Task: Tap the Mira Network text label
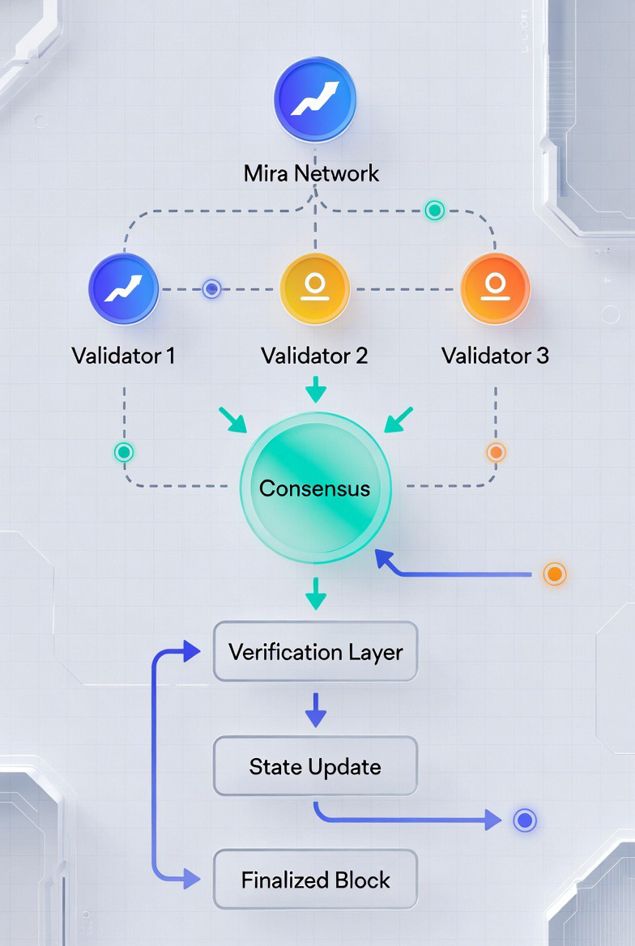point(312,173)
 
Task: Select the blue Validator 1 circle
point(123,289)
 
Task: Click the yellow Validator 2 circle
point(314,289)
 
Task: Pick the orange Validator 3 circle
point(495,289)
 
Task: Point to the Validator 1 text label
point(123,356)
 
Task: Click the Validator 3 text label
point(495,356)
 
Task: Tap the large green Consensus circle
point(315,488)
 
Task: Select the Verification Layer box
point(315,652)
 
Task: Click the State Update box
point(315,766)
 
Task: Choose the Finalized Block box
point(315,880)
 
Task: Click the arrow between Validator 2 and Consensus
point(315,390)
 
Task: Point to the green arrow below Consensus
point(315,595)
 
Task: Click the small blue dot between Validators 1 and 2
point(211,289)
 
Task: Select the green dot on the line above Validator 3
point(435,211)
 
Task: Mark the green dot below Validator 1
point(124,452)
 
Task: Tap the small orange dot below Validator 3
point(495,452)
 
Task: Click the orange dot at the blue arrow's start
point(554,574)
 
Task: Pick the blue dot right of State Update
point(525,820)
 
